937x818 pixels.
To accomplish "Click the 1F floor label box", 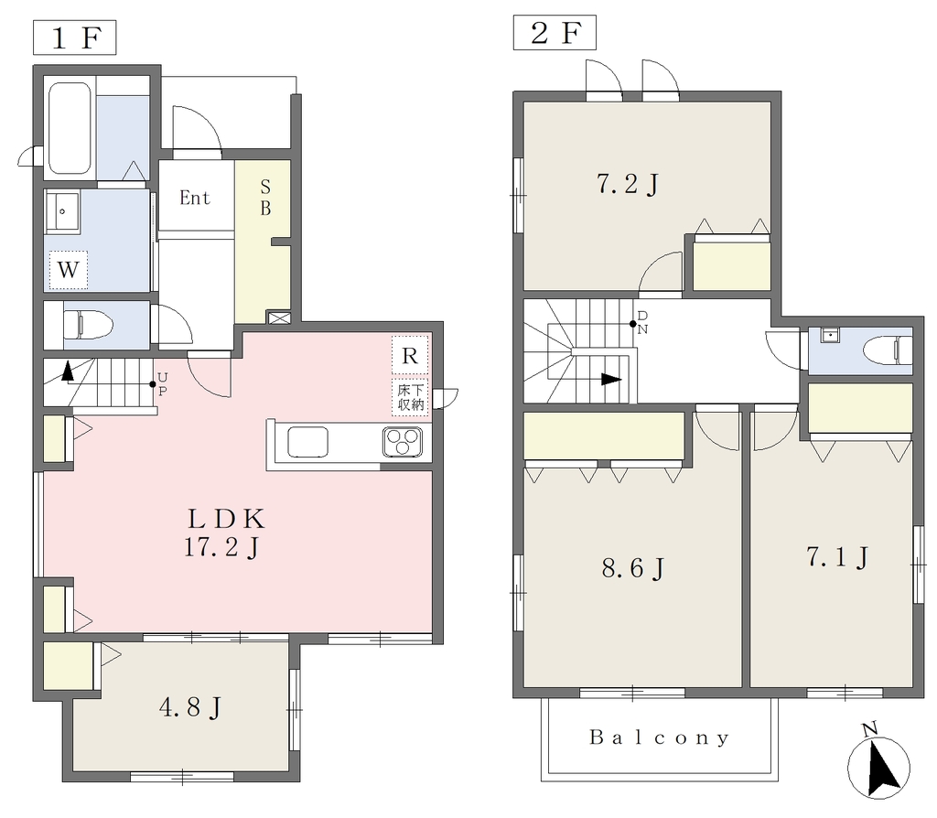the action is [x=74, y=38].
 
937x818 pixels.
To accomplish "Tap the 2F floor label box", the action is [x=555, y=32].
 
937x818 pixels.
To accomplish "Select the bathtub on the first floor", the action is [x=70, y=128].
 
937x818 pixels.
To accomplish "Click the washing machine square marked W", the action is [x=68, y=270].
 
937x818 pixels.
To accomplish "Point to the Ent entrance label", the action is [x=195, y=198].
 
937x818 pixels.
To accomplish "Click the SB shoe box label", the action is [x=265, y=198].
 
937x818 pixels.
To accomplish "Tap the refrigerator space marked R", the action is [x=410, y=356].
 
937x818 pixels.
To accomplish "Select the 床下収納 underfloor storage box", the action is [x=411, y=397].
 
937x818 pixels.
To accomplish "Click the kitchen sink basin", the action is [x=307, y=442].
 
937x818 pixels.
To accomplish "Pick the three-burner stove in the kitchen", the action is [x=403, y=443].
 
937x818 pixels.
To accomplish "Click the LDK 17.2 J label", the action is [x=225, y=533].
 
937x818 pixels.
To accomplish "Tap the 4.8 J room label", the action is [x=190, y=707].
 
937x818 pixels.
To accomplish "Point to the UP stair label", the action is [x=163, y=384].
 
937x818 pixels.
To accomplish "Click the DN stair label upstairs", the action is [x=642, y=323].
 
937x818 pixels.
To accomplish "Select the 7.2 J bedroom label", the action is [x=628, y=184].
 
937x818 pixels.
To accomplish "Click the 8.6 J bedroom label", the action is [x=633, y=568].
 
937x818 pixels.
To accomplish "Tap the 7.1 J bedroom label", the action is [x=836, y=557].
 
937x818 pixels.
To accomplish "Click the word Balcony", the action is [x=659, y=737].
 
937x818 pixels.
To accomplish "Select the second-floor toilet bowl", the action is [x=888, y=350].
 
